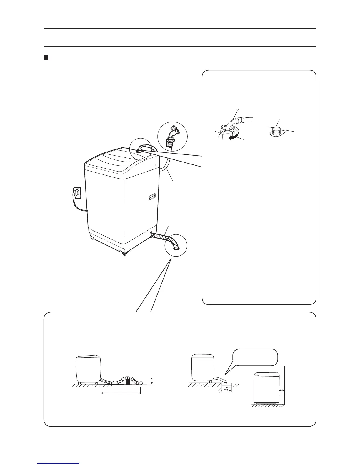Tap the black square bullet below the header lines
46,57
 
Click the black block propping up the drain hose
128,382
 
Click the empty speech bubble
255,357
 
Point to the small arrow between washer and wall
282,390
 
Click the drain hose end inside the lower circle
176,248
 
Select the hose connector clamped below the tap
169,143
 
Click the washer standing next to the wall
266,388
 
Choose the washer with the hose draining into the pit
202,367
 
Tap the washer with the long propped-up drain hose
89,369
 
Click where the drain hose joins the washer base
152,234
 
